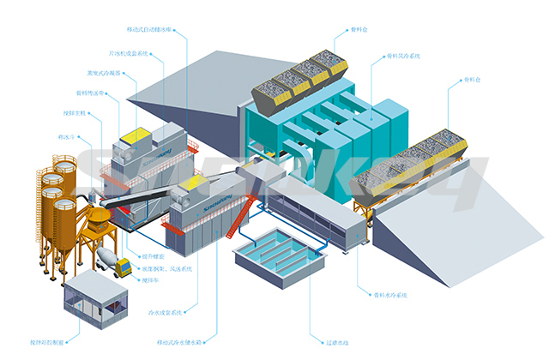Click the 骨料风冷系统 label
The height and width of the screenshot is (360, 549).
pos(402,56)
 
